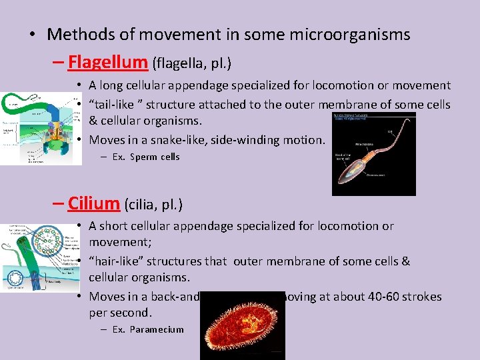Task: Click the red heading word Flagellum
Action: [107, 63]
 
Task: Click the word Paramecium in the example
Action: [157, 329]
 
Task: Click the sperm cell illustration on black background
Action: [373, 154]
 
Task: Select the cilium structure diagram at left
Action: [40, 257]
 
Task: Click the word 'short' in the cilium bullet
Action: [115, 226]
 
